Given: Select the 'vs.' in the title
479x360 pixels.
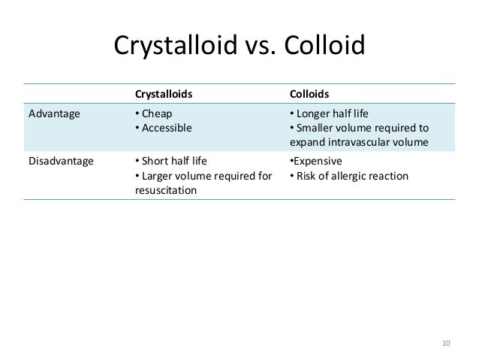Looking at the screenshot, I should point(258,47).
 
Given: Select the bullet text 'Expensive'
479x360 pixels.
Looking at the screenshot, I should point(318,162).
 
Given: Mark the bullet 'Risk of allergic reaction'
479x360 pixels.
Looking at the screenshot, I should point(349,177).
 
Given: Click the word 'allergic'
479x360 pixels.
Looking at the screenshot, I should point(353,177).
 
